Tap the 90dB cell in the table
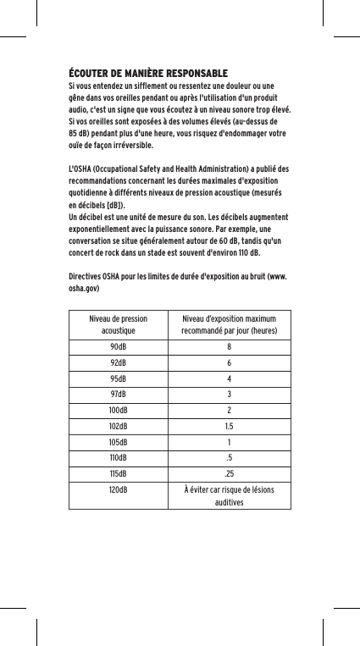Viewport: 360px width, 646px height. point(119,347)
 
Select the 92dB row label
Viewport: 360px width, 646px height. point(119,363)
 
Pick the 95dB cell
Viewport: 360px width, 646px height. point(119,378)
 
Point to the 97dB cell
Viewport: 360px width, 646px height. point(119,395)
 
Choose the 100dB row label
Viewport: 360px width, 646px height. point(119,411)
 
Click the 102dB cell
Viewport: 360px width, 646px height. point(119,426)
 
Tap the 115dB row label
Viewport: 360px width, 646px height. point(119,473)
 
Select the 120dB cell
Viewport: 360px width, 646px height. point(119,489)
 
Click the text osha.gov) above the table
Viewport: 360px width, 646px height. point(84,289)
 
